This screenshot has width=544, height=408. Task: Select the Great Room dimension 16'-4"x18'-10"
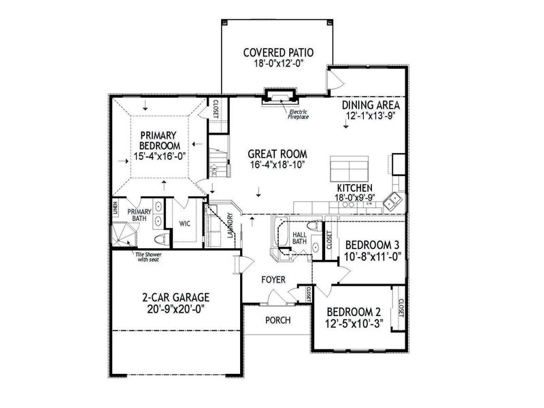277,165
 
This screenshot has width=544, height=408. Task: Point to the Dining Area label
371,105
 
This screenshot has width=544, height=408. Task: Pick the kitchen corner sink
392,201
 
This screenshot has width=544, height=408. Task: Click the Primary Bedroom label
159,140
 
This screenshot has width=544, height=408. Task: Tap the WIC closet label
184,223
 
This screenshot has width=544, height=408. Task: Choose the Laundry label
231,225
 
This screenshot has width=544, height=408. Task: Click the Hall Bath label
300,237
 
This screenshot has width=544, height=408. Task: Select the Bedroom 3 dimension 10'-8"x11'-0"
373,257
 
